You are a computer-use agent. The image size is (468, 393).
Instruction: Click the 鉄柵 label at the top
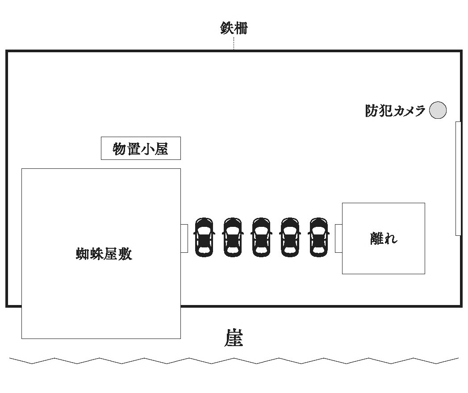tap(234, 29)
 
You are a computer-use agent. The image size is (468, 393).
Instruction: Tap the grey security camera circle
tap(438, 110)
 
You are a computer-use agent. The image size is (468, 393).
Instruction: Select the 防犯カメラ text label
tap(395, 110)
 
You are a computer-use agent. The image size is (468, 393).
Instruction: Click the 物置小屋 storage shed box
tap(141, 148)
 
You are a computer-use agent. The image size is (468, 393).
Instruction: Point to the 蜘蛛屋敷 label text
tap(104, 254)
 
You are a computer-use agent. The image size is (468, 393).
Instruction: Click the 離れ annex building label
tap(384, 238)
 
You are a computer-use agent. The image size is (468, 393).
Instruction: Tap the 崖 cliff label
tap(234, 338)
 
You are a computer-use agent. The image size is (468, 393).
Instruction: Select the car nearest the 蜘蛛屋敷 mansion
tap(204, 237)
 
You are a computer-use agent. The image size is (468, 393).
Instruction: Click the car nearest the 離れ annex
tap(318, 237)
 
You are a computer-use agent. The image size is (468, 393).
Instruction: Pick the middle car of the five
tap(261, 237)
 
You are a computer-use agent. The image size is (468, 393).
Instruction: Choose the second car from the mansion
tap(233, 237)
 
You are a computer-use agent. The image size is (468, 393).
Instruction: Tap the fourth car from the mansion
tap(290, 237)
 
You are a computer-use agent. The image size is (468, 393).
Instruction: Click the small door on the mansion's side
tap(184, 238)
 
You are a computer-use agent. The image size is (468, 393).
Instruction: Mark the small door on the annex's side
tap(338, 238)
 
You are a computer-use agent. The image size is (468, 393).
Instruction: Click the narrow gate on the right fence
tap(458, 178)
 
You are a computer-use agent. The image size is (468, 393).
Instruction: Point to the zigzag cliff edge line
tap(234, 360)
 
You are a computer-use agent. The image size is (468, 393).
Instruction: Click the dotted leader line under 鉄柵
tap(234, 43)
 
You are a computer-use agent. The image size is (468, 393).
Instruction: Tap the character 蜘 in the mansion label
tap(82, 254)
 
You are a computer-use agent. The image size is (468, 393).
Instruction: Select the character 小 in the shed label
tap(147, 148)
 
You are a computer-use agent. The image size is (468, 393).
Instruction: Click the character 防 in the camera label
tap(372, 110)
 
